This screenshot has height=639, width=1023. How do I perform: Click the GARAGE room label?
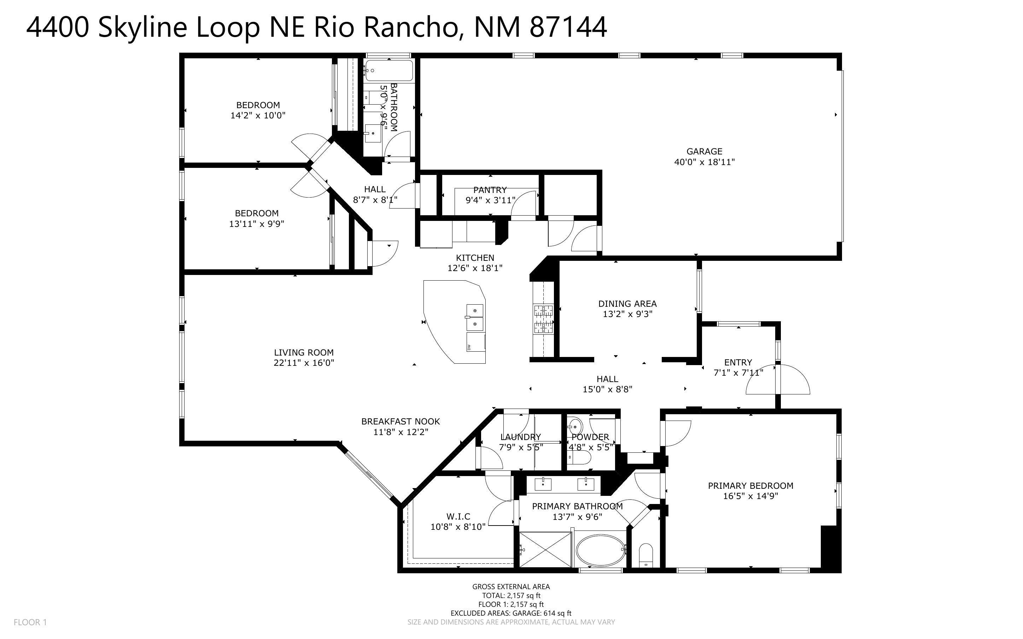click(704, 151)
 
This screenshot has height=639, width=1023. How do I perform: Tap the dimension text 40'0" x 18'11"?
click(704, 162)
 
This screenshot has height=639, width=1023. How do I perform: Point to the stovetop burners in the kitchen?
click(543, 319)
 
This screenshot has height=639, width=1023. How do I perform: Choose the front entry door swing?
click(777, 380)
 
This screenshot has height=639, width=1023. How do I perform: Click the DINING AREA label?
click(627, 304)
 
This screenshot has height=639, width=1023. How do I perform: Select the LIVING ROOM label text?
click(303, 352)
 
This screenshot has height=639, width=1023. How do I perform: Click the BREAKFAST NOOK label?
click(400, 421)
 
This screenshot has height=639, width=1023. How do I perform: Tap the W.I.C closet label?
click(458, 516)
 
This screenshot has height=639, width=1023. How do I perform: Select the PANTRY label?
click(490, 190)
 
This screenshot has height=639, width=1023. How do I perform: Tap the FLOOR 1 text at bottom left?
click(30, 622)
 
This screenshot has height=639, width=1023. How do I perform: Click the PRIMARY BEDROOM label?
click(750, 486)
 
